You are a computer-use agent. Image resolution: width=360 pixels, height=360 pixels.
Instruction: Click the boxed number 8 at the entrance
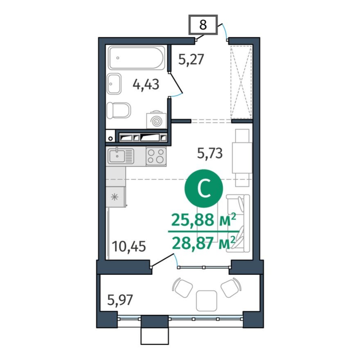coord(203,25)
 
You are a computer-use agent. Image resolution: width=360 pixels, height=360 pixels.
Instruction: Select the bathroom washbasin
coord(114,84)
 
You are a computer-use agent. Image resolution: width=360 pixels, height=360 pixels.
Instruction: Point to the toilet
coord(118,110)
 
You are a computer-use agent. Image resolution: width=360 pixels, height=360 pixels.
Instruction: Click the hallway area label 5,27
coord(191,60)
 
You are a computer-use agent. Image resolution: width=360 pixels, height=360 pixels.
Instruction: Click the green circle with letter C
coord(203,189)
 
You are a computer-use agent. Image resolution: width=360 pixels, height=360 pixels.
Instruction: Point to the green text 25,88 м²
coord(203,220)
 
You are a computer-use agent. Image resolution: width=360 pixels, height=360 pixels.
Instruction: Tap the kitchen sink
coord(121,156)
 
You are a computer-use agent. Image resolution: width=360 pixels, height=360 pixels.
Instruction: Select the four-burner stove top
coord(156,156)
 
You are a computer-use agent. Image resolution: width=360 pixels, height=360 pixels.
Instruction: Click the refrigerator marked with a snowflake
coord(116,196)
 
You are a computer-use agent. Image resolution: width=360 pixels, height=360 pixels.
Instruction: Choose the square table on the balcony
coord(206,301)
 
